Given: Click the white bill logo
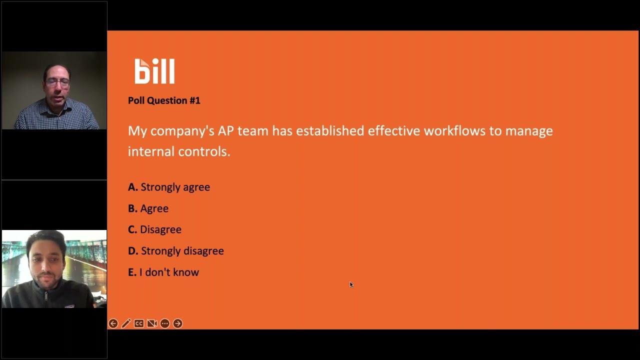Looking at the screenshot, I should (x=154, y=71).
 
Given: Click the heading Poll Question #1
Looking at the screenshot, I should (x=164, y=100).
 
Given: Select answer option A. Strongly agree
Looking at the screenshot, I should (x=169, y=187).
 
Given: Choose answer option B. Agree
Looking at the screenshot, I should (x=148, y=208).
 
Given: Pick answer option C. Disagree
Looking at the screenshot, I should (x=154, y=229).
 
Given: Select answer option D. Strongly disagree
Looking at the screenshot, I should (x=175, y=251).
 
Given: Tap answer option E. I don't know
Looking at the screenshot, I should (x=163, y=272).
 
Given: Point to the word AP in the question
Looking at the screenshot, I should (x=225, y=131).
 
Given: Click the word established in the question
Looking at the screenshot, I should (x=329, y=131).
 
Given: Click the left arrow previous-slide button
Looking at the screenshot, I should (x=113, y=323).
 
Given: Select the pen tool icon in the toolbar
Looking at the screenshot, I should (x=126, y=323).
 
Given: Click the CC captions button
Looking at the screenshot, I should (x=139, y=323).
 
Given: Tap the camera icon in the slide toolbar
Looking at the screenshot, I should (x=152, y=323).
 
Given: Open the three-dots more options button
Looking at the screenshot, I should (x=165, y=323).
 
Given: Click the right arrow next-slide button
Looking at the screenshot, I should (x=178, y=323).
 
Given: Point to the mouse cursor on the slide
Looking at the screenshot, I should (x=351, y=284).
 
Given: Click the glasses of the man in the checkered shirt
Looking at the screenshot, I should (x=56, y=82).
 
